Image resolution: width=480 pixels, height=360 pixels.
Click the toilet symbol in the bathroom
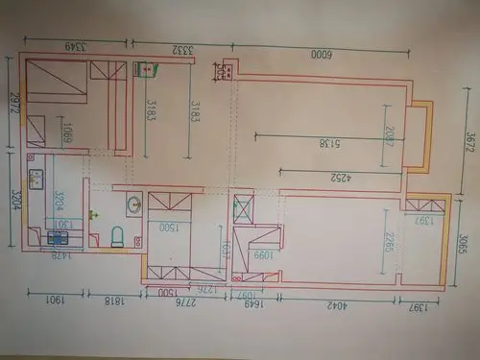coord(117,234)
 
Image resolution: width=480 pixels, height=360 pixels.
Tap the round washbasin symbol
coord(133,204)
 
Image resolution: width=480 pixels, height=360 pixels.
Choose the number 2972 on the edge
coord(12,103)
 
